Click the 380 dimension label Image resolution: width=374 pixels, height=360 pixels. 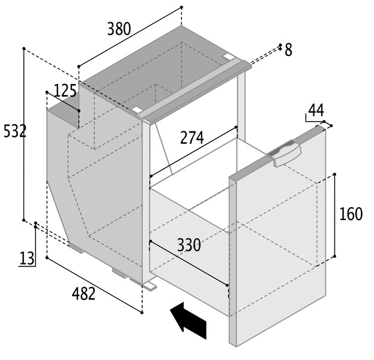[119, 29]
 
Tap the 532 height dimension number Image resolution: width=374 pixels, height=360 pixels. [15, 131]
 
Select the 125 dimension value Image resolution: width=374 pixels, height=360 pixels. [65, 91]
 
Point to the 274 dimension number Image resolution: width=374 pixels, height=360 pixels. [192, 137]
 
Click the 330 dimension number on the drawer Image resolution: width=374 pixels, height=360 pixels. [189, 245]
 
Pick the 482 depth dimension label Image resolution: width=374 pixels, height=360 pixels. [83, 293]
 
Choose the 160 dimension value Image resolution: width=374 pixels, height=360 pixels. [351, 214]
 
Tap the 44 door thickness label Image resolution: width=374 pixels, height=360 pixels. [316, 110]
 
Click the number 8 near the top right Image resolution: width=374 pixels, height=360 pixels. [288, 50]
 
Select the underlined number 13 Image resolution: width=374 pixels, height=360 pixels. [27, 258]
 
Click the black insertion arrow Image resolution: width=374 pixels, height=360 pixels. [189, 320]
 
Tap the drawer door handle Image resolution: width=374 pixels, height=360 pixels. [285, 153]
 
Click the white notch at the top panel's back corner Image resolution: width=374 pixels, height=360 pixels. [228, 56]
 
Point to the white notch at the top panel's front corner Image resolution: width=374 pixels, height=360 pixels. [136, 110]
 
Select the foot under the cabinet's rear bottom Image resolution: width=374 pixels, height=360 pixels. [76, 247]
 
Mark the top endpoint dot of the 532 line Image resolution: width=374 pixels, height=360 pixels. [24, 49]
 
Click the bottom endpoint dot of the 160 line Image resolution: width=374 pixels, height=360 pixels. [334, 256]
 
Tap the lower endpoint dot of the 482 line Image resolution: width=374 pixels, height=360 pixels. [142, 313]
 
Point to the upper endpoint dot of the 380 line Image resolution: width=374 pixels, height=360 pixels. [181, 7]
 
